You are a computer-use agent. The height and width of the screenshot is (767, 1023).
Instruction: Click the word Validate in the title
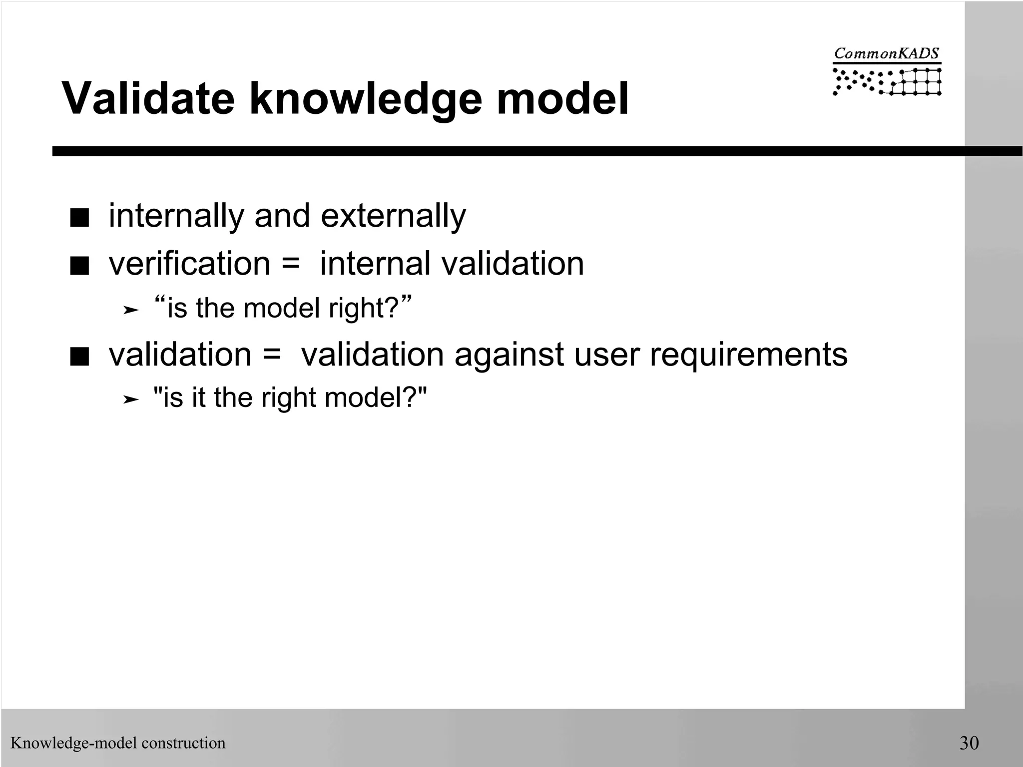tap(148, 98)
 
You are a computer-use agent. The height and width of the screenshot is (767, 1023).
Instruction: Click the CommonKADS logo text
tap(887, 54)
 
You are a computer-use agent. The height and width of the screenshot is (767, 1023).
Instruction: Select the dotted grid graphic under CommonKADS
tap(887, 81)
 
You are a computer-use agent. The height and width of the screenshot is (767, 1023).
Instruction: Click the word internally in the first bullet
tap(176, 216)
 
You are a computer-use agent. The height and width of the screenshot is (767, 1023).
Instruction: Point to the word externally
tap(393, 216)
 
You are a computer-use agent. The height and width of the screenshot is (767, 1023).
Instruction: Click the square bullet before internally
tap(79, 219)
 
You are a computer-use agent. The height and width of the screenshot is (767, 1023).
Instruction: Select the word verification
tap(189, 264)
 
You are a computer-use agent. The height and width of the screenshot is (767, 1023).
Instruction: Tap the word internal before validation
tap(375, 264)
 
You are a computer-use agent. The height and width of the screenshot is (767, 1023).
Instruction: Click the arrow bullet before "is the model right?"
tap(130, 310)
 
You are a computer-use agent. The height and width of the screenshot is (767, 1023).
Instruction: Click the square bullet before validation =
tap(79, 358)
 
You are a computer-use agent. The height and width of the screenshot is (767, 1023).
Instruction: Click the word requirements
tap(748, 355)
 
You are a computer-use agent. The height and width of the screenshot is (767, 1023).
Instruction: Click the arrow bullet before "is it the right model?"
tap(130, 399)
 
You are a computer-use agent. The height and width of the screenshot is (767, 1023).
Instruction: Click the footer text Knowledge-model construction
tap(118, 743)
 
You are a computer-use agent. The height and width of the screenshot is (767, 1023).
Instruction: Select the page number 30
tap(969, 743)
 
